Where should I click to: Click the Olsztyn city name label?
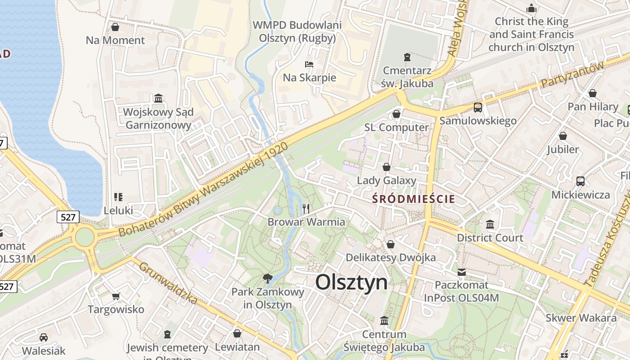coord(351,283)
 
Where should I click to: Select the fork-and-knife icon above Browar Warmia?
coord(306,208)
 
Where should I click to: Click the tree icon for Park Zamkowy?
coord(268,278)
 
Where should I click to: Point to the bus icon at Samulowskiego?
coord(477,108)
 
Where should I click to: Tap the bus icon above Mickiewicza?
coord(580,181)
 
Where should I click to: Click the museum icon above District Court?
coord(490,224)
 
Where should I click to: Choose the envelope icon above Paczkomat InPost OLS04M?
coord(462,272)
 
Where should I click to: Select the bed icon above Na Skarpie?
coord(309,64)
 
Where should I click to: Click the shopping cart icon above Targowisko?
coord(116,296)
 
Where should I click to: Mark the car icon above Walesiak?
coord(44,337)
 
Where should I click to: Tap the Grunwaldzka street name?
coord(168,282)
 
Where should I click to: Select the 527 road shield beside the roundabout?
coord(68,217)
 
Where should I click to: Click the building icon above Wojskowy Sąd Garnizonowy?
coord(158,98)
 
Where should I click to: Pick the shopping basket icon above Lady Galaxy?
coord(386,167)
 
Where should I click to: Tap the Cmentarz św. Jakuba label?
coord(408,77)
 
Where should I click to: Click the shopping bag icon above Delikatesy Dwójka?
coord(391,244)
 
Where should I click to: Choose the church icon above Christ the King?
coord(531,9)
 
